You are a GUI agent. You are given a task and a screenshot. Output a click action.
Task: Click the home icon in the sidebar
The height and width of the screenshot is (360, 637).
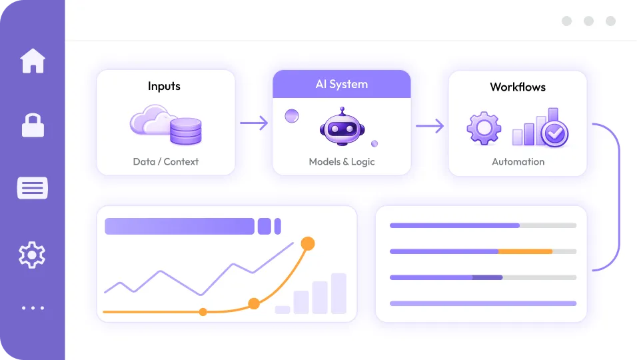pos(33,61)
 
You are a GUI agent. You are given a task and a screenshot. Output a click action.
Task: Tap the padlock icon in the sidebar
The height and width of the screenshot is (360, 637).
pos(33,125)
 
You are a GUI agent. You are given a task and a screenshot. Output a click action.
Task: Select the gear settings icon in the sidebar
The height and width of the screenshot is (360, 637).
pos(32,255)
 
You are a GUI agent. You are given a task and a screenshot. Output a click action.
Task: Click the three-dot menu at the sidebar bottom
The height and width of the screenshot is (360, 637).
pos(33,308)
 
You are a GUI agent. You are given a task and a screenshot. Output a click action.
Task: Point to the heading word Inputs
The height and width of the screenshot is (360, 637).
pos(164,86)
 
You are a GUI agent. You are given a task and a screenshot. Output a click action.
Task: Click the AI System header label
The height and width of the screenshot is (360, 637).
pos(341,85)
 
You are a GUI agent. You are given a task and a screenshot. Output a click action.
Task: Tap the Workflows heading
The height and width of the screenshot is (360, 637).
pos(518,87)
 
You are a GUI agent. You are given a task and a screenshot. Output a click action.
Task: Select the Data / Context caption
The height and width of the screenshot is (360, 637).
pos(166,161)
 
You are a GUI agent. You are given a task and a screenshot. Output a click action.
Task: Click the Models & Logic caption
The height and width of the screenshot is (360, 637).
pos(342,161)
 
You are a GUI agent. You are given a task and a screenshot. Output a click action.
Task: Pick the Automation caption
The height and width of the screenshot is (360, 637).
pos(518,161)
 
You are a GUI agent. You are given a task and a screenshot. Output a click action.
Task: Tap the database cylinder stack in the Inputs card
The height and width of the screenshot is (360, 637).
pos(185,131)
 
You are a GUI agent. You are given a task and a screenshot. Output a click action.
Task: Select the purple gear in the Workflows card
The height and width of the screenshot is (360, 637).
pos(484,128)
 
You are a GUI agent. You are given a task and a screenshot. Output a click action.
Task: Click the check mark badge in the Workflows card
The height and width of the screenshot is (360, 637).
pos(554,133)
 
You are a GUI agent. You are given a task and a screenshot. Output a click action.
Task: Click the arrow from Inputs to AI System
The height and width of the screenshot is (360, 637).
pos(253,123)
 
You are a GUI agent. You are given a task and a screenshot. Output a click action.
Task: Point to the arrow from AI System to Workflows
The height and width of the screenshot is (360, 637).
pos(430,125)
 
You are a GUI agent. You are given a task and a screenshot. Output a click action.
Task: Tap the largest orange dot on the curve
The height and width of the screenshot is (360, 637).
pos(307,243)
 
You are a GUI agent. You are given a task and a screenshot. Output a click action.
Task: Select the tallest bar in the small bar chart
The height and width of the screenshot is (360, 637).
pos(338,293)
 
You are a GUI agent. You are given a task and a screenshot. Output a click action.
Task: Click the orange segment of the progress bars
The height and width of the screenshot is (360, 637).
pos(525,251)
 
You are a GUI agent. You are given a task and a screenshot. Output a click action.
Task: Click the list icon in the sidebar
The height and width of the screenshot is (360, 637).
pos(33,189)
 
